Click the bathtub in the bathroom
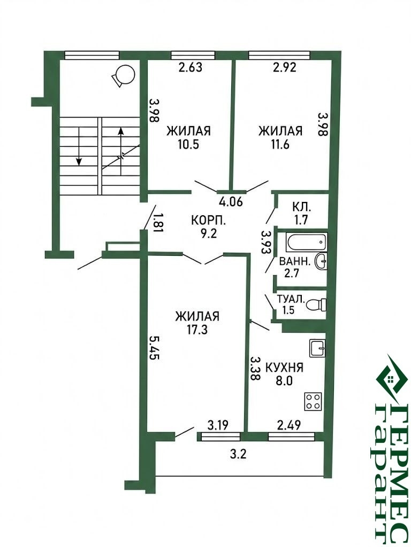coord(307,242)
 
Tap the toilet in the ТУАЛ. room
coord(316,304)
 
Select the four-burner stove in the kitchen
coord(313,401)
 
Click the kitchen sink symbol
coord(317,348)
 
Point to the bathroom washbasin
coord(321,261)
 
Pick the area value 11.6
coord(279,144)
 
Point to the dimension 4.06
coord(230,202)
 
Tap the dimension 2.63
coord(190,67)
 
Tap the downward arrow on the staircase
coord(79,146)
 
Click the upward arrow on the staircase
coord(120,151)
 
